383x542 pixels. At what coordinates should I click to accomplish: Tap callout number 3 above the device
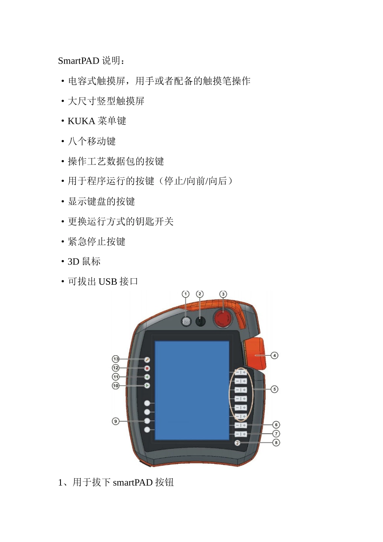tap(223, 294)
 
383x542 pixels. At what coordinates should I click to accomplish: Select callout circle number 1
tap(185, 294)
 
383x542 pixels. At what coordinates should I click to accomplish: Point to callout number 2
tap(200, 294)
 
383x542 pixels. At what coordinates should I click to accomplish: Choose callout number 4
tap(274, 356)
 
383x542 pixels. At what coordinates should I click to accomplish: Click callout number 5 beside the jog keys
tap(274, 389)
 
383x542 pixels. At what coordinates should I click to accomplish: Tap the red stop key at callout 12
tap(147, 368)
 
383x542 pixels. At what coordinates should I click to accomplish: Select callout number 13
tap(116, 359)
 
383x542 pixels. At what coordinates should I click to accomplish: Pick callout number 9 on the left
tap(116, 421)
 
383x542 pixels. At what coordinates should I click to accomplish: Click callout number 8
tap(276, 442)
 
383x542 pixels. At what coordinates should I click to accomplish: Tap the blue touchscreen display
tap(192, 390)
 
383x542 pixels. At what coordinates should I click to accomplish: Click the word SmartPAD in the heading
tap(79, 61)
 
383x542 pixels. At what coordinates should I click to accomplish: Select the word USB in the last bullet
tap(108, 281)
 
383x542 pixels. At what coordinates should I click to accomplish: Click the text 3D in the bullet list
tap(73, 262)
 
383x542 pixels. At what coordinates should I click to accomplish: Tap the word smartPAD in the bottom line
tap(133, 482)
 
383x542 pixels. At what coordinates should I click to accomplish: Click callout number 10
tap(116, 386)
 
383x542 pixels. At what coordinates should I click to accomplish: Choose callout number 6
tap(276, 425)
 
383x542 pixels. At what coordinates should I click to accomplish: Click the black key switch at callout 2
tap(200, 321)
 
